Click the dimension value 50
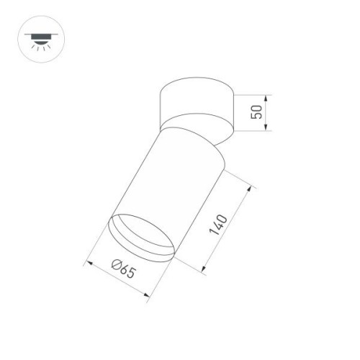(x=256, y=112)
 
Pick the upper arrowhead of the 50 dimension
(x=267, y=98)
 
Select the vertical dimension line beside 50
(x=267, y=113)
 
